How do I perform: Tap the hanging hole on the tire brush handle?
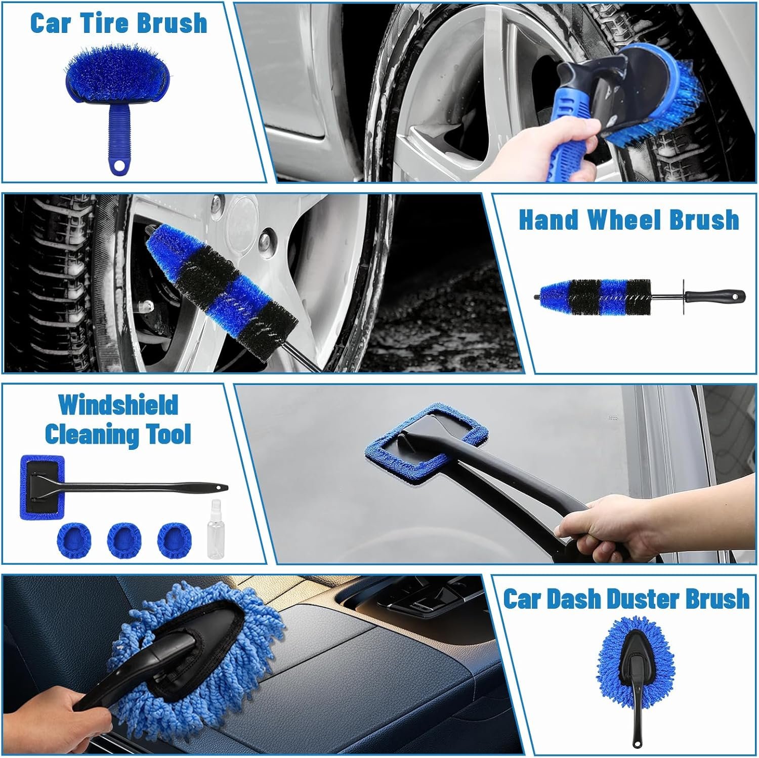point(119,165)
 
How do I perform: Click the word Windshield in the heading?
point(118,405)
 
